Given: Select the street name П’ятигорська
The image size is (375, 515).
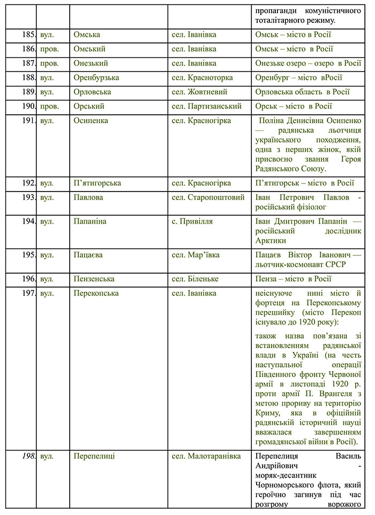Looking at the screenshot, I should (97, 183).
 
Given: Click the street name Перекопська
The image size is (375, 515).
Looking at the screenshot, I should (96, 293).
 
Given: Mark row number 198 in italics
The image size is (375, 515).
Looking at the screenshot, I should (27, 456).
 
